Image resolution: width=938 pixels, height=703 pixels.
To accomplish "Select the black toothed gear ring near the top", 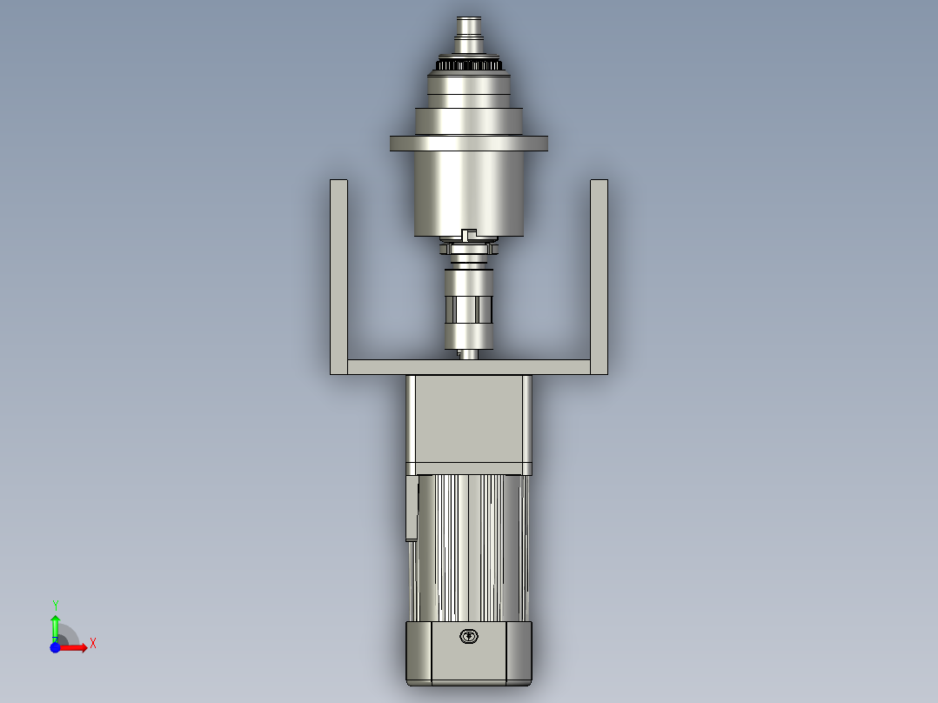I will (469, 65).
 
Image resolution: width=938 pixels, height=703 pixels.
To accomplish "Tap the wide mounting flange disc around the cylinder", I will (469, 144).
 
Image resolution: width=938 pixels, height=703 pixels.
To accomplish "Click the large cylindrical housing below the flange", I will (469, 196).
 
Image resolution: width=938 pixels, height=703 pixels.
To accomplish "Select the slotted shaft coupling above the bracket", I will (469, 309).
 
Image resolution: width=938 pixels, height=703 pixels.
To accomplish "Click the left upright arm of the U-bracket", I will (338, 270).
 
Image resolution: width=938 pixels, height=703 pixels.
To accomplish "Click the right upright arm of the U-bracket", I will (599, 270).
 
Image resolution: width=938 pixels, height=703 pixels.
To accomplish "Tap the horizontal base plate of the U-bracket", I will (469, 367).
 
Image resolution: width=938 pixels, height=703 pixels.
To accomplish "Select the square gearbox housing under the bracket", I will (469, 422).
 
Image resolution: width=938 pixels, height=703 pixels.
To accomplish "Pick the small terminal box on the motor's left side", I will (412, 509).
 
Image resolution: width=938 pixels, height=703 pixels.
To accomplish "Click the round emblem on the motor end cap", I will (469, 637).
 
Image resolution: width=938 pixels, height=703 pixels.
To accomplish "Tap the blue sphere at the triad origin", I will (55, 647).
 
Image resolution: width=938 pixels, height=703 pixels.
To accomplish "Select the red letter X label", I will (92, 644).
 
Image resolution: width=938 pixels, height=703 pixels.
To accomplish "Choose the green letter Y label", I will (55, 605).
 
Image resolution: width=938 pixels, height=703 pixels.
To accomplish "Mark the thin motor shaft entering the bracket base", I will (469, 353).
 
